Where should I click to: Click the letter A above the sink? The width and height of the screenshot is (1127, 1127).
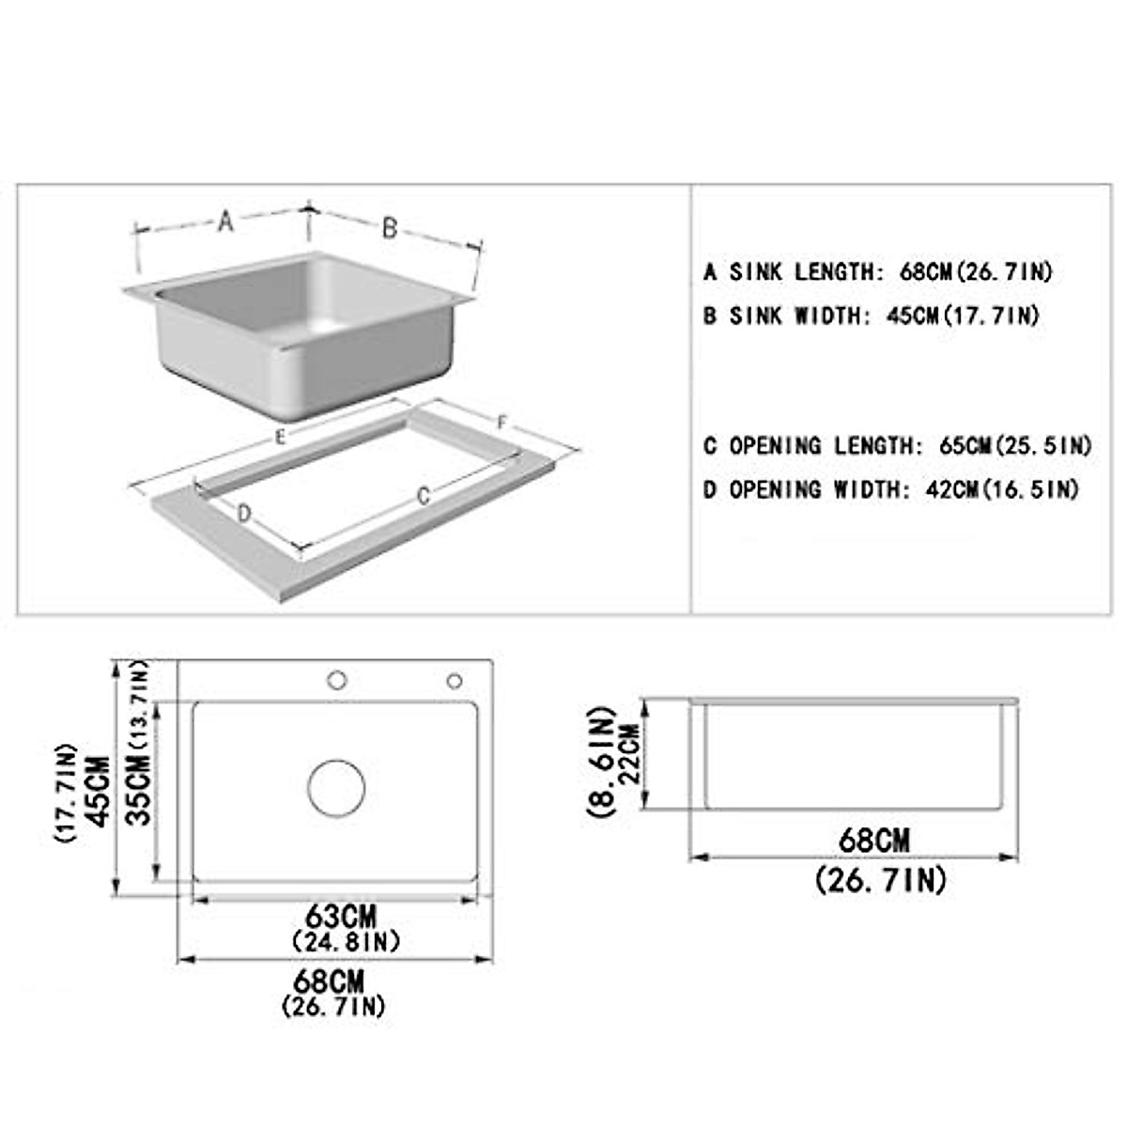[224, 222]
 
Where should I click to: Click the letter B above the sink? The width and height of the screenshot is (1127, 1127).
[390, 227]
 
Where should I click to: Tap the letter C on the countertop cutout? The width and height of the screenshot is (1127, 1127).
[424, 495]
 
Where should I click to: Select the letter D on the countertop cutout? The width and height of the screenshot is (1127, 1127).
[243, 513]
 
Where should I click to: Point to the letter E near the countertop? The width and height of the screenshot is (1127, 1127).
[280, 437]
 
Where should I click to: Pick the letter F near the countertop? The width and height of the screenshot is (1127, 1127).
[502, 424]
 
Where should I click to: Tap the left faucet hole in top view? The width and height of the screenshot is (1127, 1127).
[336, 680]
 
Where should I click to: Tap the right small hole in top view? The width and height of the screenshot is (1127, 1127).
[455, 680]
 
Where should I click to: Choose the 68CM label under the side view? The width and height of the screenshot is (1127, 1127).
[874, 840]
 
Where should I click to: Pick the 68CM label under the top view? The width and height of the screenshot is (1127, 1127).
[328, 982]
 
